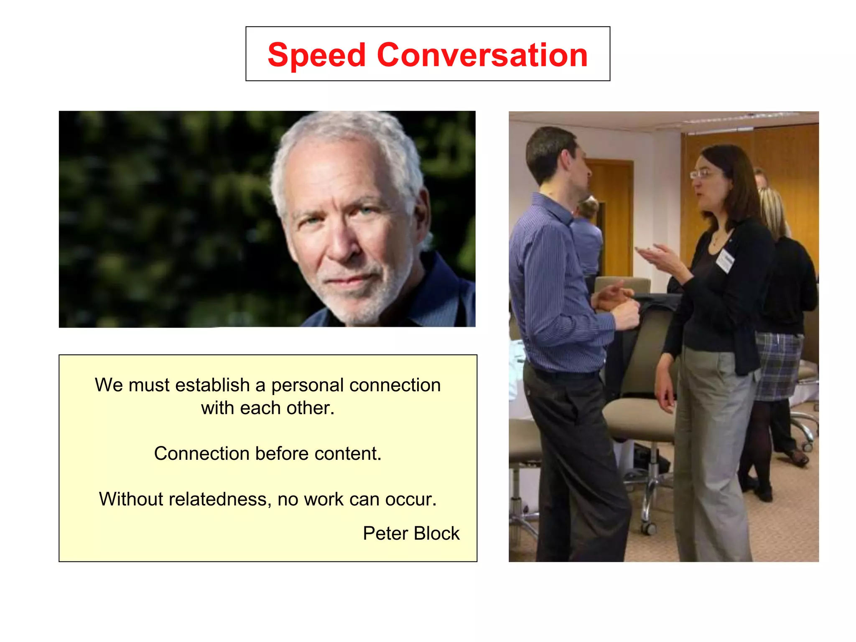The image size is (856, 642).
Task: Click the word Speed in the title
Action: click(x=316, y=56)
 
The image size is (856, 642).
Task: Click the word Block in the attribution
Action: click(x=436, y=533)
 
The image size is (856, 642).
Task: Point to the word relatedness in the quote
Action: click(x=220, y=499)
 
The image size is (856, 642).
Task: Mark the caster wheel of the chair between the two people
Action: click(x=648, y=528)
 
